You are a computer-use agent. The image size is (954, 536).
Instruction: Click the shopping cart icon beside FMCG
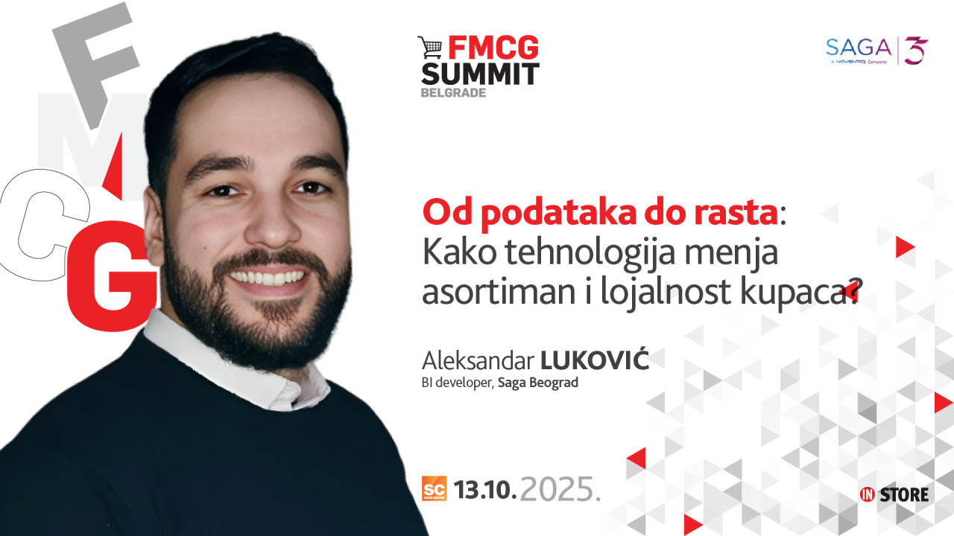pos(430,47)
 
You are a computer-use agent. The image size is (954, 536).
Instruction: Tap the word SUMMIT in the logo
pos(481,74)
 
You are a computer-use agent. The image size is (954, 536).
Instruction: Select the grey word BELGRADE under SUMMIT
pos(453,93)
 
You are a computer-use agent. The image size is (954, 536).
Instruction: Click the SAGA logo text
pos(859,47)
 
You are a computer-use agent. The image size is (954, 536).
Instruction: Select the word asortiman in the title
pos(499,293)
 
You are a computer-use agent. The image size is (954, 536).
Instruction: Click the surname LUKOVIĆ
pos(595,360)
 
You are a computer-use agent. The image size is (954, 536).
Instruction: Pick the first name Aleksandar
pos(478,361)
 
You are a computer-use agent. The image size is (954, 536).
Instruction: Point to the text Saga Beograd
pos(538,383)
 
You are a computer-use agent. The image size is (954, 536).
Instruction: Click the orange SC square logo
pos(435,488)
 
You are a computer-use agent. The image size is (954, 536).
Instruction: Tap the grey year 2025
pos(560,489)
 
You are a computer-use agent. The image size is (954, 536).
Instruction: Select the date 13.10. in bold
pos(485,489)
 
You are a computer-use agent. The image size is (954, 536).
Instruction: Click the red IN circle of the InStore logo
pos(867,494)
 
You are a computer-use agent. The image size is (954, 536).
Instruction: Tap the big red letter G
pos(112,275)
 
